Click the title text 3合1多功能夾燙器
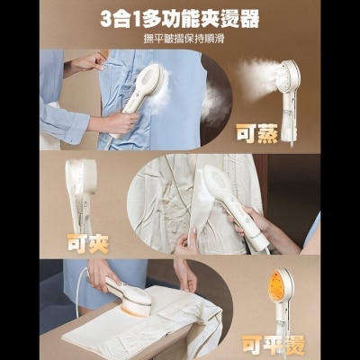(180, 18)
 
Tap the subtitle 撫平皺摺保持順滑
(180, 39)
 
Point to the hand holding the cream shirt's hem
(186, 240)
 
